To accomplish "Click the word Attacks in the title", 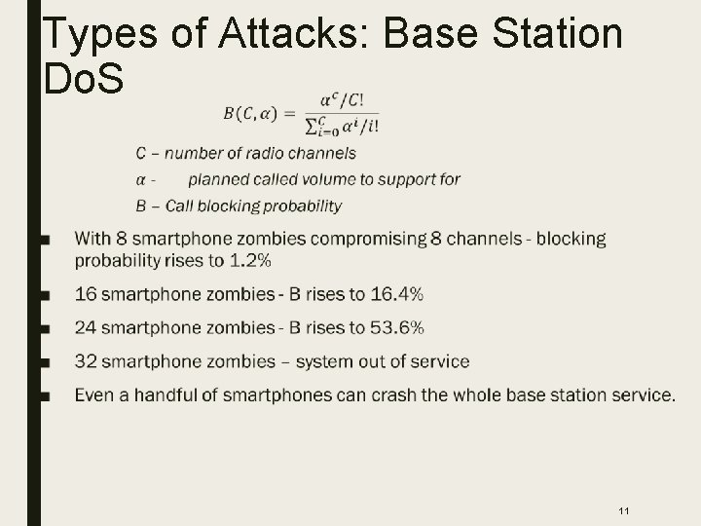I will coord(298,33).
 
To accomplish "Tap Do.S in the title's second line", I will coord(84,78).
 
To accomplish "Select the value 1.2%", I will coord(249,260).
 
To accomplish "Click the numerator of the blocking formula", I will coord(349,100).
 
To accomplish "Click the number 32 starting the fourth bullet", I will coord(85,362).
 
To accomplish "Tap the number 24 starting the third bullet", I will coord(85,328).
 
